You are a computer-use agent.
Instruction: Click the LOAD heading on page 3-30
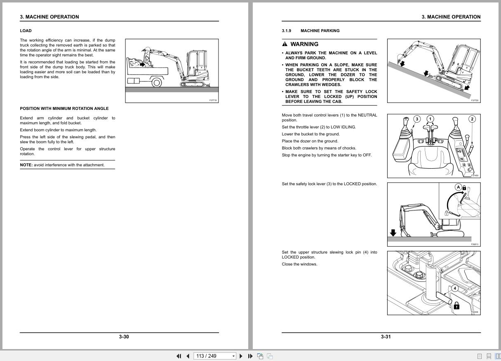[26, 31]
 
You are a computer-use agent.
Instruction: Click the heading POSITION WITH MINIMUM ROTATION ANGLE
[64, 109]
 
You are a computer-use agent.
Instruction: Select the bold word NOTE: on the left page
[26, 165]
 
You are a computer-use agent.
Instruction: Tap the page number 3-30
[124, 337]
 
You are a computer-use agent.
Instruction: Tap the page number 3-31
[386, 337]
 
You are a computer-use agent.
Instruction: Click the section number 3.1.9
[287, 31]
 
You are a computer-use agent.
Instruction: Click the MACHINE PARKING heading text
[320, 31]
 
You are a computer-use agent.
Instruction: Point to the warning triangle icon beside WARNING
[285, 44]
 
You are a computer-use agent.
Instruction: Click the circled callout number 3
[417, 119]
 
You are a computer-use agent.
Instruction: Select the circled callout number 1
[430, 119]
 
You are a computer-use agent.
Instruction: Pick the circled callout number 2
[472, 119]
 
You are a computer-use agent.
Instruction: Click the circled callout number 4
[455, 288]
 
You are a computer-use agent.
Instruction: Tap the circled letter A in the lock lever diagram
[458, 187]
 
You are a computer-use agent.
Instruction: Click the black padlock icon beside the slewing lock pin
[456, 306]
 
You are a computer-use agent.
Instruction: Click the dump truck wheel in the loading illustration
[157, 82]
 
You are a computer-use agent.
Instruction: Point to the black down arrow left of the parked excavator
[393, 233]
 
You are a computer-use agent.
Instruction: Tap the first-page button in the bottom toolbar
[179, 356]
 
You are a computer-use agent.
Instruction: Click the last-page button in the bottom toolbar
[250, 356]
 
